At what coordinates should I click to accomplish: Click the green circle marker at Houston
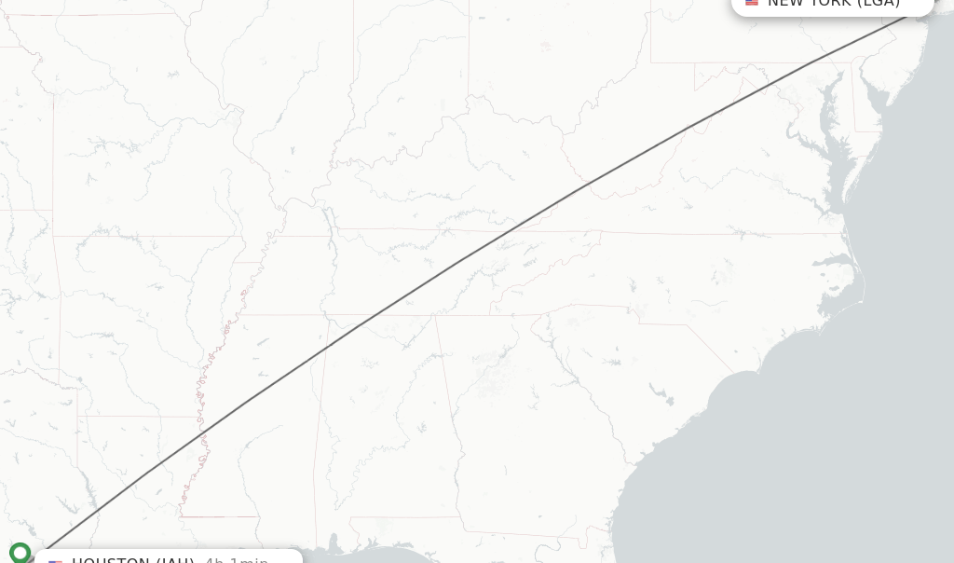[20, 553]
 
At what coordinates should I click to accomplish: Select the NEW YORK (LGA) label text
[833, 3]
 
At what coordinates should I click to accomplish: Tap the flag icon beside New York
[752, 3]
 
